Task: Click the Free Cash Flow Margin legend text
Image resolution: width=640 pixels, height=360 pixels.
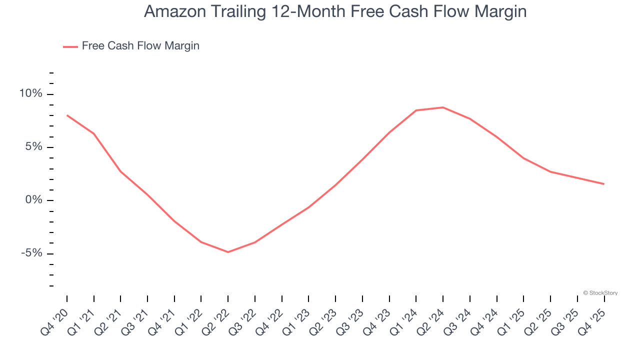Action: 140,46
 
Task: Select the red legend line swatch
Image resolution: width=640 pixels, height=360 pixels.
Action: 70,46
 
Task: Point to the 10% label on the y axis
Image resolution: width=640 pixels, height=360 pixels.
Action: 31,94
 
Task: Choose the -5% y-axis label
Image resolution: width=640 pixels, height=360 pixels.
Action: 31,253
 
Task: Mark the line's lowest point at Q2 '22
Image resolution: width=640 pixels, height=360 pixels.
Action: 228,252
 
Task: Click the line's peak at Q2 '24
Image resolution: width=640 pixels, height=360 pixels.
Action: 443,107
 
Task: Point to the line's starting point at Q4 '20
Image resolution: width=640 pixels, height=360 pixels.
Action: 67,115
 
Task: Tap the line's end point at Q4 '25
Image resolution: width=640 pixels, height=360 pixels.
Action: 604,184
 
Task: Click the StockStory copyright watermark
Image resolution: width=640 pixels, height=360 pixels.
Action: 600,293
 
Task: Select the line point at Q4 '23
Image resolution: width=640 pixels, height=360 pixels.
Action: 389,132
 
